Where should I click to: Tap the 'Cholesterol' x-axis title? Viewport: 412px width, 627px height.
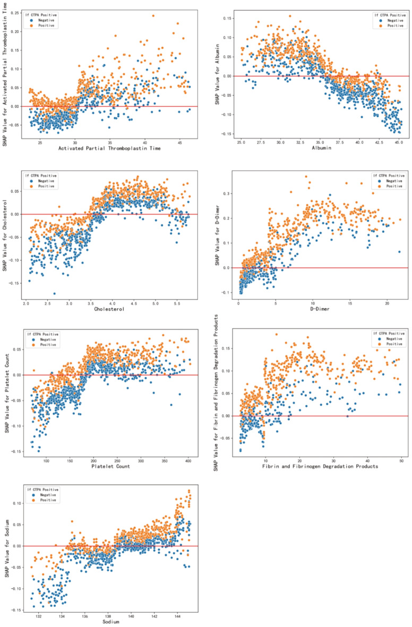point(110,308)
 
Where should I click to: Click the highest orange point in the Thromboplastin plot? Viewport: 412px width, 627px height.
point(153,16)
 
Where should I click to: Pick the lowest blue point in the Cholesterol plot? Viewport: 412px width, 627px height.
point(54,293)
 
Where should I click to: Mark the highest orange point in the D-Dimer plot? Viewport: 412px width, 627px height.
point(306,177)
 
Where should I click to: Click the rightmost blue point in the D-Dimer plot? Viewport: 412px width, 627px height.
point(399,252)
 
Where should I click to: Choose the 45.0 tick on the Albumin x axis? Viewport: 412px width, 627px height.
point(398,142)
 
